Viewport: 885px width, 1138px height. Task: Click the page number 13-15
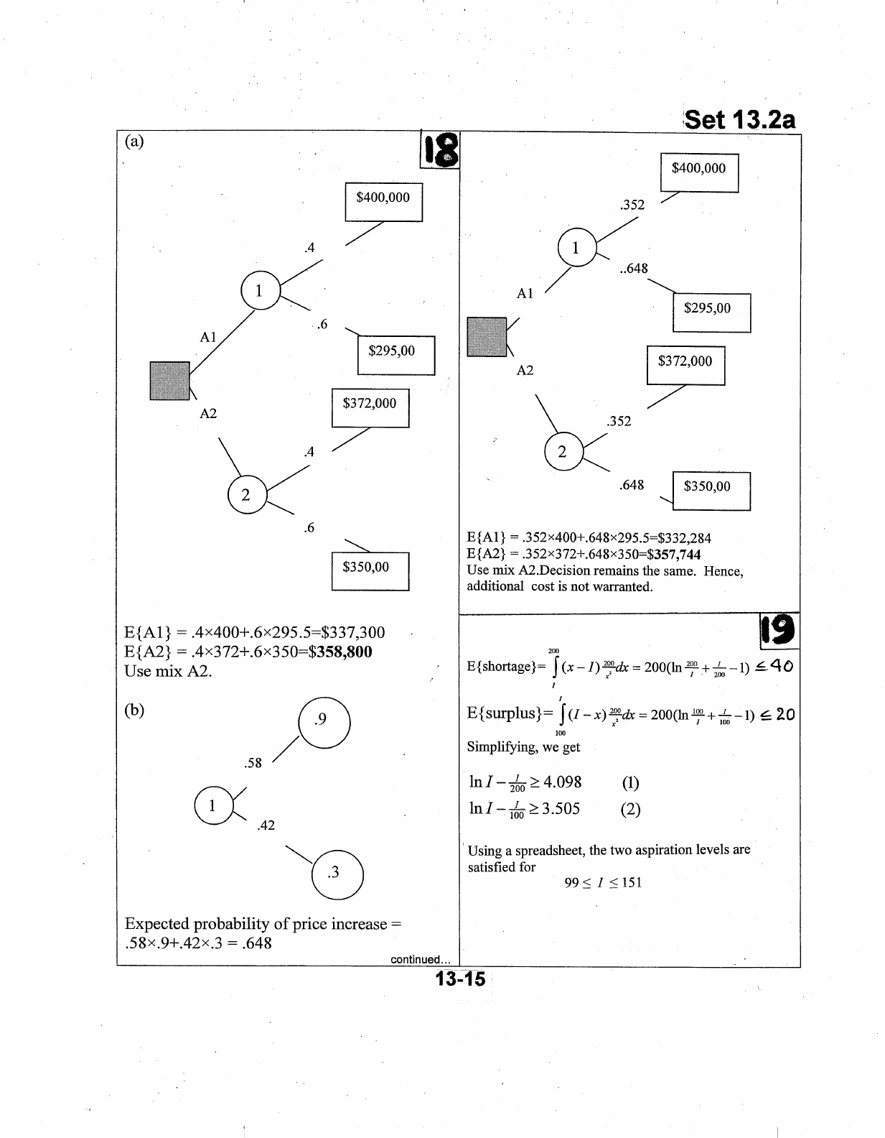(x=459, y=979)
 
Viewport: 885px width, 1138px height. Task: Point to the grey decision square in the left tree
(x=169, y=381)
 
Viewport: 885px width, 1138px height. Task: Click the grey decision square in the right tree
(x=487, y=337)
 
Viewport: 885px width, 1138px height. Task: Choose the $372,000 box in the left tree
(x=370, y=407)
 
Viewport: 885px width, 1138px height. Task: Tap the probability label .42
(x=266, y=825)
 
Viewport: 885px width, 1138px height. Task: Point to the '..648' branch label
(x=634, y=268)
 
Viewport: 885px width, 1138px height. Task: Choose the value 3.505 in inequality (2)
(x=560, y=809)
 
